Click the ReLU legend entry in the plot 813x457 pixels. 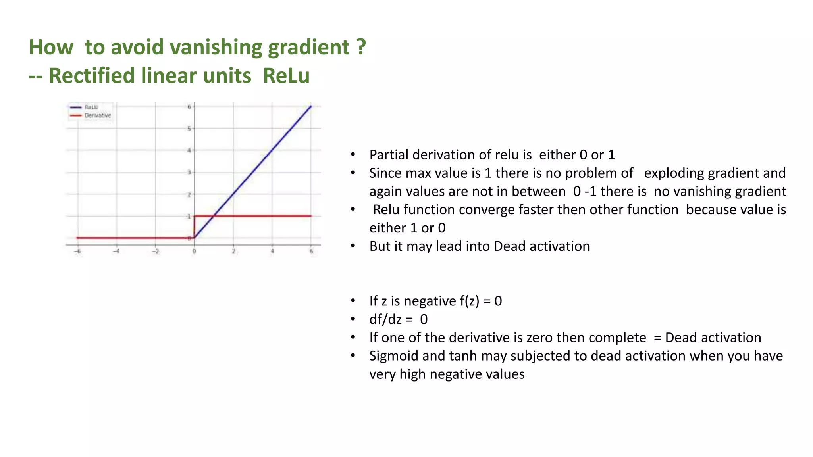pos(91,107)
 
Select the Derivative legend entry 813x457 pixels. pos(97,115)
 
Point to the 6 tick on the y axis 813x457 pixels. pos(189,107)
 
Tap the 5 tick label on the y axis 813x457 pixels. pos(189,129)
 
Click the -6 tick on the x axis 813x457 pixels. pos(78,251)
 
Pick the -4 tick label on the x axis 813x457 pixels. pos(116,251)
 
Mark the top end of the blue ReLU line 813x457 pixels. pos(310,106)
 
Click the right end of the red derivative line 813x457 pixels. pos(311,216)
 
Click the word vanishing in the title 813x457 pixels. pos(216,48)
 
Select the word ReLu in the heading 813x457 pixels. pos(286,76)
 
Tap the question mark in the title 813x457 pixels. pos(361,47)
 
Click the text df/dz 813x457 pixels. pos(385,319)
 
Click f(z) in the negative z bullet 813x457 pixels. pos(470,301)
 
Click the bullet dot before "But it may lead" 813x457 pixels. pos(353,246)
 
